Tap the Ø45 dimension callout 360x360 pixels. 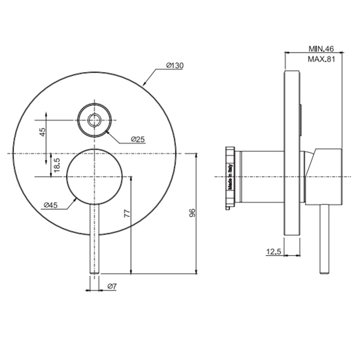(50, 205)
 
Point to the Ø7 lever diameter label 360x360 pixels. (113, 286)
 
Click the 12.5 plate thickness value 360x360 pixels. (274, 251)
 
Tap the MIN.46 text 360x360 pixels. (321, 49)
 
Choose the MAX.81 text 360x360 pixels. (321, 59)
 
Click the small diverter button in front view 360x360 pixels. (94, 120)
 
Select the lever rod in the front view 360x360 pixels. (94, 237)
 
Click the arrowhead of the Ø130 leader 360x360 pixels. (144, 84)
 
